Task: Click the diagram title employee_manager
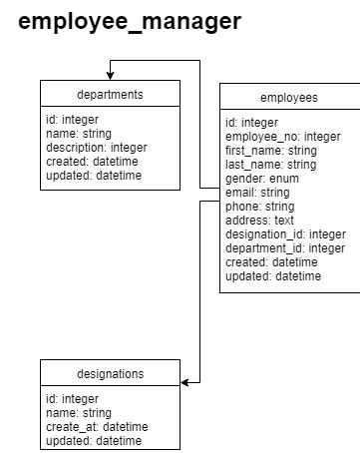[129, 21]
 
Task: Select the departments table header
[110, 95]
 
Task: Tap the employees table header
[288, 98]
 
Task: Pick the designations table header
[110, 374]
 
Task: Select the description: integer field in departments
[96, 148]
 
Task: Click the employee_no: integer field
[282, 137]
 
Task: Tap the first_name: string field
[270, 151]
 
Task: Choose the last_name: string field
[270, 165]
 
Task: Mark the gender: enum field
[262, 179]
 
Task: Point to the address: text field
[259, 221]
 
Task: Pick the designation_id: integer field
[285, 234]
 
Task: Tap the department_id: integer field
[285, 248]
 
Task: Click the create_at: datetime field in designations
[97, 427]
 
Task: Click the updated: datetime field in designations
[94, 441]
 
